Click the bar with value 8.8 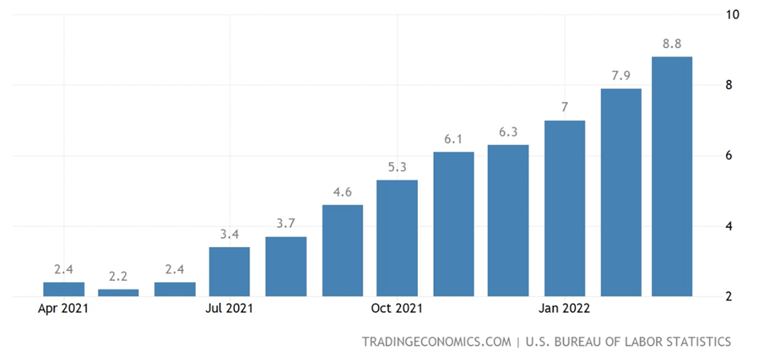point(672,176)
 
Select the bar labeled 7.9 point(621,192)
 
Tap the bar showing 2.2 point(118,292)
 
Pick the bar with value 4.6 point(342,250)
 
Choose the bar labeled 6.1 point(453,224)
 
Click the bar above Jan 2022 point(565,208)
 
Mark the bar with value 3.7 point(286,266)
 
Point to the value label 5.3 point(397,167)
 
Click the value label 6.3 point(509,131)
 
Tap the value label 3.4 point(229,234)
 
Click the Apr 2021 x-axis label point(63,309)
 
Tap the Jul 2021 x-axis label point(229,309)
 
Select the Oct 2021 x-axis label point(397,309)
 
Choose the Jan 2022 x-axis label point(565,309)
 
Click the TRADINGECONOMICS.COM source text point(436,342)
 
